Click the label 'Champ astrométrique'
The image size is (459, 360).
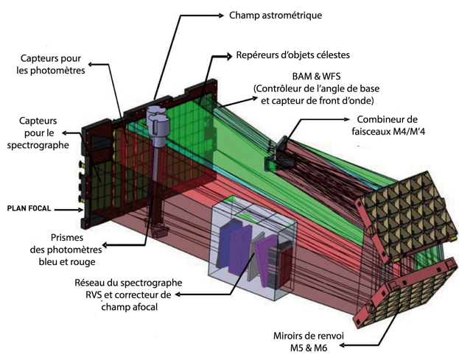pos(276,15)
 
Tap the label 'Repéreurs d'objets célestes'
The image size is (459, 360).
pos(292,55)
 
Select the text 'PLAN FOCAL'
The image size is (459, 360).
pos(29,209)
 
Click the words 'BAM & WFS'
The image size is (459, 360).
pos(316,77)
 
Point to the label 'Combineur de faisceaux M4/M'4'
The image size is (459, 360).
pos(388,125)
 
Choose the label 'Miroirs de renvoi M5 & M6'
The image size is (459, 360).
pos(309,342)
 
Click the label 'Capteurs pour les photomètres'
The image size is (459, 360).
pos(51,64)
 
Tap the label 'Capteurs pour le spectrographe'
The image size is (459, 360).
pos(38,133)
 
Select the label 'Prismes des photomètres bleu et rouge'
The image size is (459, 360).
pos(66,250)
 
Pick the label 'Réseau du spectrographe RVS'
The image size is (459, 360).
pos(128,289)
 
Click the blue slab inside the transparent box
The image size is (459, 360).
pos(228,244)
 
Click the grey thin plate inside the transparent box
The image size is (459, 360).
pos(254,257)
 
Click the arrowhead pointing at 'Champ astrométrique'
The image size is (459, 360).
pos(221,15)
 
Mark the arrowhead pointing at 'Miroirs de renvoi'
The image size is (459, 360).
pos(343,345)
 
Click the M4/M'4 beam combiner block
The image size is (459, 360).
pos(276,155)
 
